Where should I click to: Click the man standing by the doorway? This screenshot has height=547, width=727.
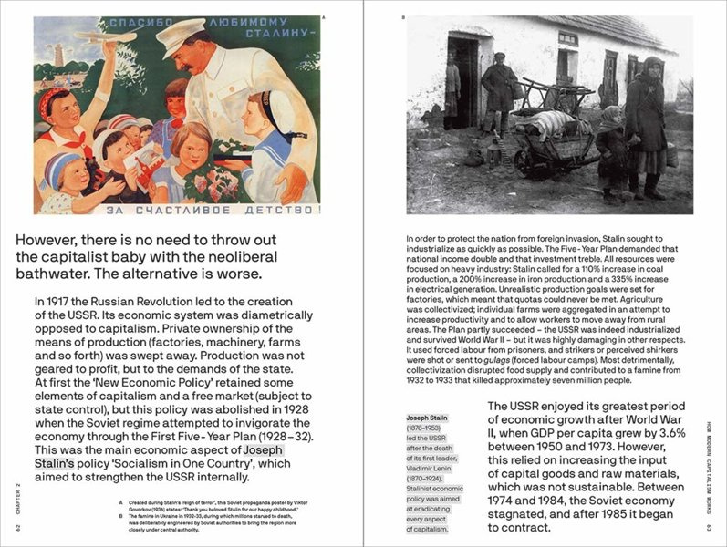point(499,91)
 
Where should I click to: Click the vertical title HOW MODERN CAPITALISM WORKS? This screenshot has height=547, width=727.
point(709,466)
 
